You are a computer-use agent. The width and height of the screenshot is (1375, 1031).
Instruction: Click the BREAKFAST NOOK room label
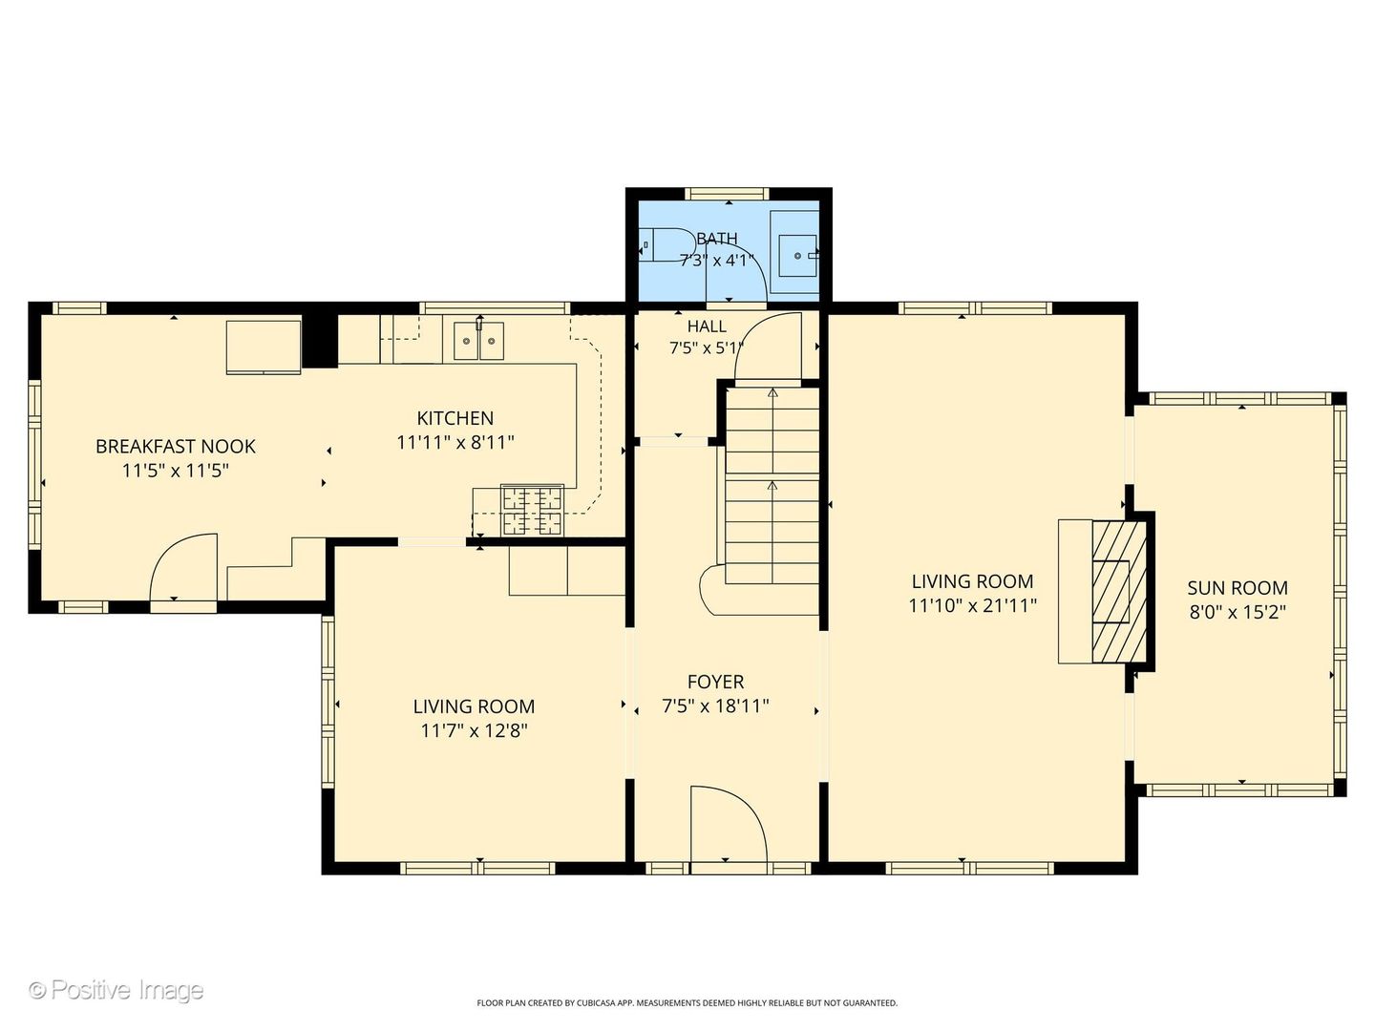176,447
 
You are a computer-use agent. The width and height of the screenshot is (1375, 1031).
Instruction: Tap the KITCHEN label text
455,418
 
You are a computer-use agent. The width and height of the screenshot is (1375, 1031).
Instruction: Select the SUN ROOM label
1237,588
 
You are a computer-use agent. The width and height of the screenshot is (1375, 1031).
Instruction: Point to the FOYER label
715,682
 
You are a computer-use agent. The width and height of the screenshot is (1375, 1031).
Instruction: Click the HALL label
707,326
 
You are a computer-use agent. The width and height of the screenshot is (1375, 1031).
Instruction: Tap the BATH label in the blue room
717,239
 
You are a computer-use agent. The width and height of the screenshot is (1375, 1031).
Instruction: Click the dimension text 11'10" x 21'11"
973,605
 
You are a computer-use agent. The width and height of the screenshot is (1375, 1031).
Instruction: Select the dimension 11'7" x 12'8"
475,730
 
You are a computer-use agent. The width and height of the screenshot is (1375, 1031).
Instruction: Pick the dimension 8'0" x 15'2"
1237,612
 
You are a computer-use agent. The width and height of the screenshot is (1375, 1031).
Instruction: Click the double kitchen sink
478,341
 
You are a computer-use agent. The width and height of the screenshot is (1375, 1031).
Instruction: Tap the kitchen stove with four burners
533,510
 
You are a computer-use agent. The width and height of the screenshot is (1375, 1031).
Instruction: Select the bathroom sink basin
798,256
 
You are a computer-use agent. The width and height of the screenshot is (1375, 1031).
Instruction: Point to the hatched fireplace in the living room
1119,592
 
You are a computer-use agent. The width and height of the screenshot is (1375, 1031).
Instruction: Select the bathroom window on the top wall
727,194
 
